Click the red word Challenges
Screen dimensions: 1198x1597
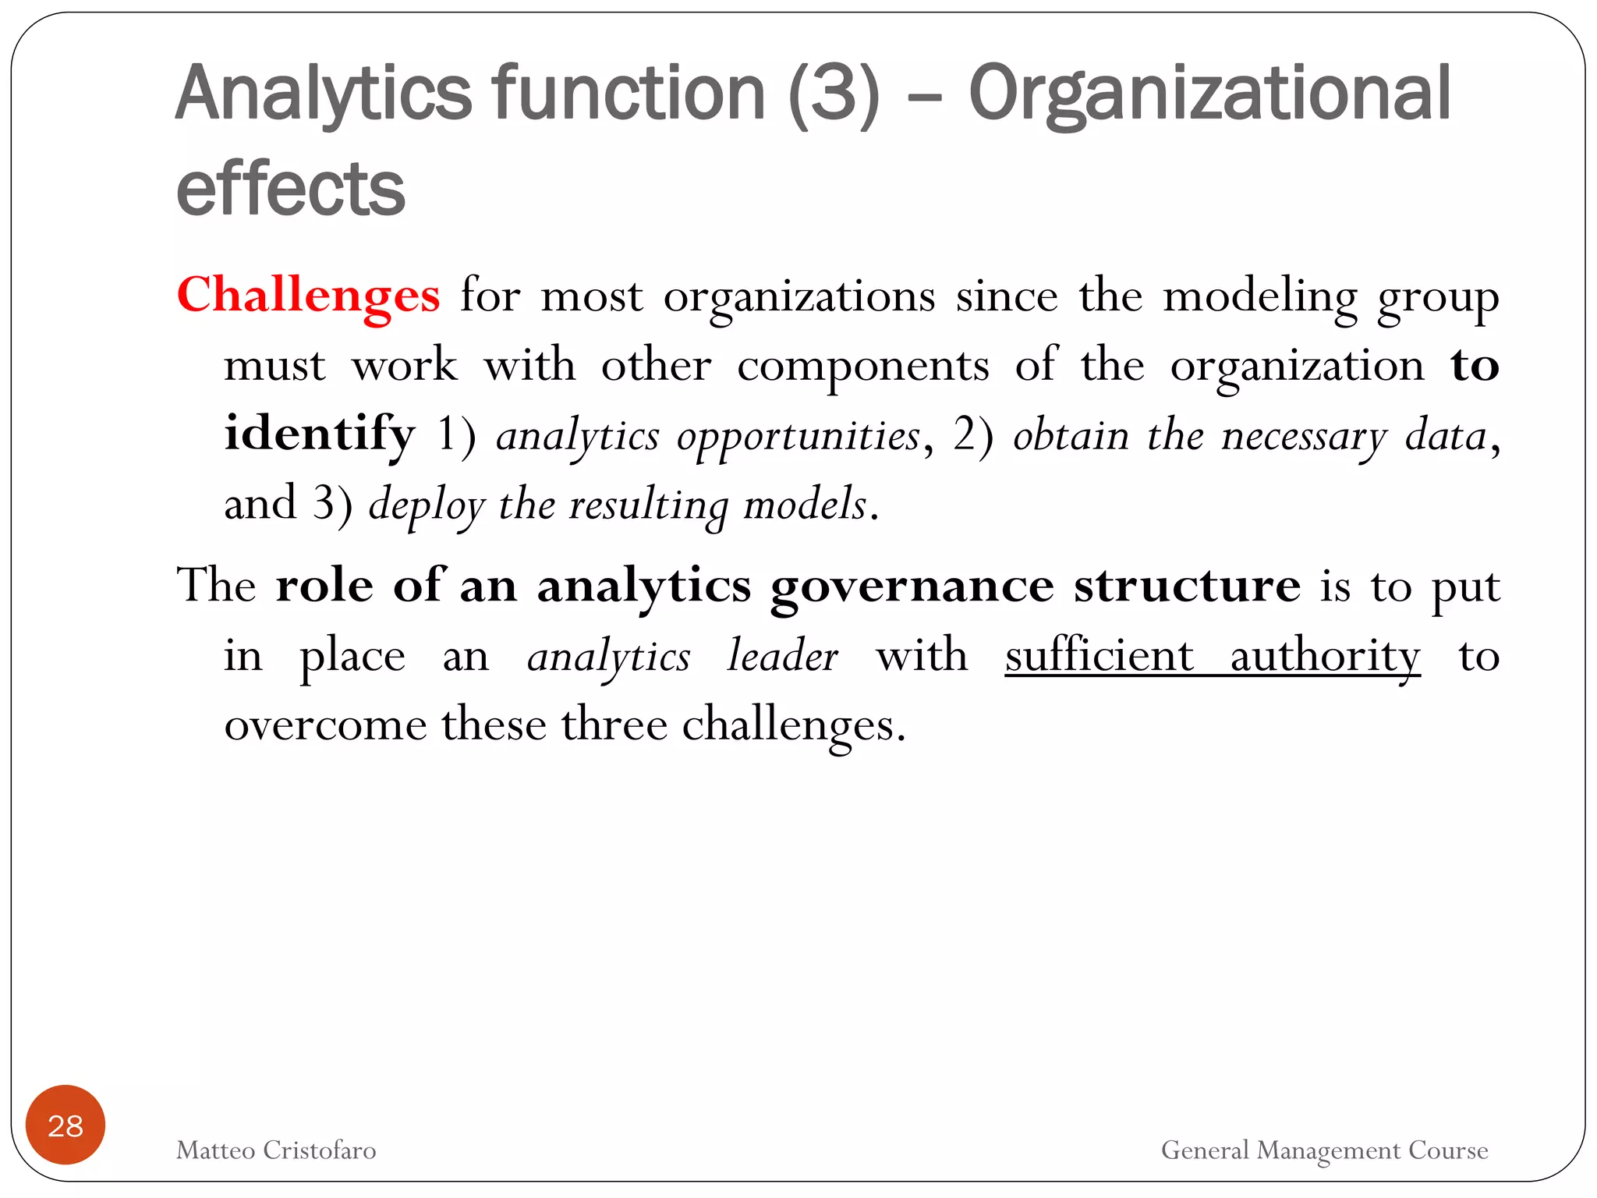[x=308, y=296]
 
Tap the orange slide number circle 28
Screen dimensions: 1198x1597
[x=66, y=1125]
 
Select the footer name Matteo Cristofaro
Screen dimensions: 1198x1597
[x=276, y=1150]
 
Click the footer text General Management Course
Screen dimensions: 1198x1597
[x=1324, y=1150]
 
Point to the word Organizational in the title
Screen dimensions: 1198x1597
[x=1209, y=95]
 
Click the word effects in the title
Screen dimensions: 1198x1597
[x=291, y=189]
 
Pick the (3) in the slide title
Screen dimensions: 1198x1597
[x=834, y=95]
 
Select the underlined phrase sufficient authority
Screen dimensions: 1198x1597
[x=1212, y=655]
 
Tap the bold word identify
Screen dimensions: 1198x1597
[x=320, y=434]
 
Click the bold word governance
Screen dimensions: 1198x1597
[x=912, y=587]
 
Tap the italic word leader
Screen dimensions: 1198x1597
[x=782, y=655]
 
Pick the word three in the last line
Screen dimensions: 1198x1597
[x=614, y=724]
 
